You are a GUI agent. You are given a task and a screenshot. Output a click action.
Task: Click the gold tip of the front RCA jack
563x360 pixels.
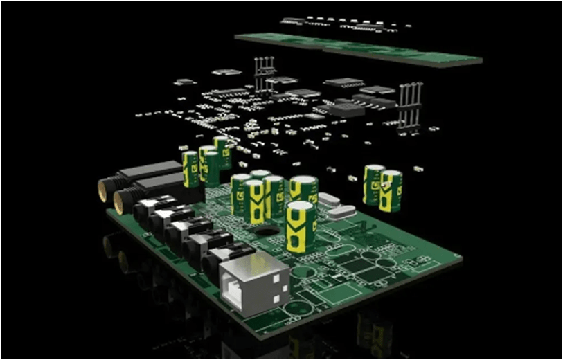coord(119,202)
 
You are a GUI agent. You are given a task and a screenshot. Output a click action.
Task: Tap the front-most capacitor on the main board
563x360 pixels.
coord(299,226)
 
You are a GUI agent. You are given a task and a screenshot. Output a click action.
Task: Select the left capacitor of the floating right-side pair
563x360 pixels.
coord(374,184)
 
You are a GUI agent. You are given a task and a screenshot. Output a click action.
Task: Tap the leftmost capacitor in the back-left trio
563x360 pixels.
coord(190,168)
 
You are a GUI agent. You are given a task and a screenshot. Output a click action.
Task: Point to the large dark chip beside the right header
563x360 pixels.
coord(346,108)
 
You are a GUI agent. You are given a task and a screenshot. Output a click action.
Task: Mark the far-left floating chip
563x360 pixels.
coord(184,82)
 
